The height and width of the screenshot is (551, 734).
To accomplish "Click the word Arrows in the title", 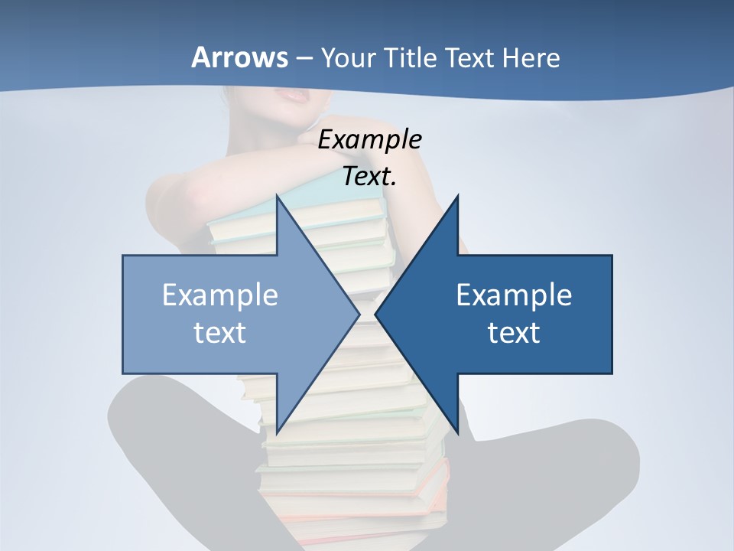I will [x=239, y=57].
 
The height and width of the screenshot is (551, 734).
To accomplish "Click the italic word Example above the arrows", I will [x=370, y=140].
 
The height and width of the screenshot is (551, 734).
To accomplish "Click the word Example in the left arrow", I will [x=220, y=295].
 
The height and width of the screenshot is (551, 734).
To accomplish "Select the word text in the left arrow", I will [x=220, y=332].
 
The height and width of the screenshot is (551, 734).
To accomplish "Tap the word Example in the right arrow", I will [x=514, y=295].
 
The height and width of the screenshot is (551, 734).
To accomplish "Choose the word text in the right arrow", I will [x=514, y=332].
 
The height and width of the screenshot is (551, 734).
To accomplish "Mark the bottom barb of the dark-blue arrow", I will [x=457, y=430].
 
